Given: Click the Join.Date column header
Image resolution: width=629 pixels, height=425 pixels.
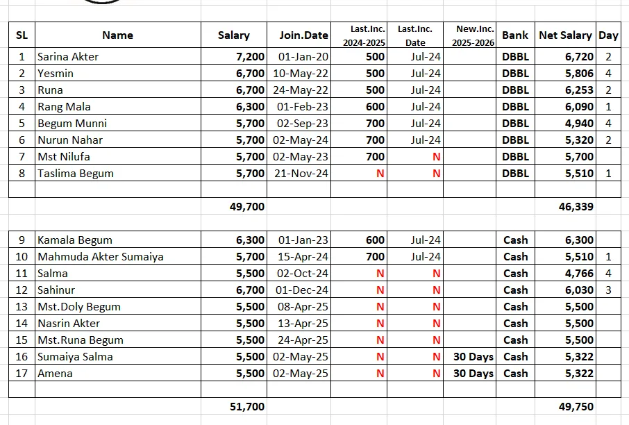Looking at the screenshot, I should click(x=303, y=35).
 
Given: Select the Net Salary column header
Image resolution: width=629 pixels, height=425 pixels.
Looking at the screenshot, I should click(x=565, y=35).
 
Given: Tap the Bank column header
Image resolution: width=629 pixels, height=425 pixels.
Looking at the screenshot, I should click(x=515, y=35).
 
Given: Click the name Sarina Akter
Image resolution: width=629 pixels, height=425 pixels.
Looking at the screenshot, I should click(x=68, y=57).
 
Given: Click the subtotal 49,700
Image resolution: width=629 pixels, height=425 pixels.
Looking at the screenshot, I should click(x=246, y=206).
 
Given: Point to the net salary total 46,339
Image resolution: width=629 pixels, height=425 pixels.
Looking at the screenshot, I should click(x=576, y=206).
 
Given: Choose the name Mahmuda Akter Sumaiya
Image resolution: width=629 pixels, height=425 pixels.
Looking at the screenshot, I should click(x=101, y=257).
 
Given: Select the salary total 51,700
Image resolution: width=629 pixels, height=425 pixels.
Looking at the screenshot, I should click(x=246, y=407).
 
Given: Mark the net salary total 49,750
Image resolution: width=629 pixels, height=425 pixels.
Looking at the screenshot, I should click(x=576, y=407).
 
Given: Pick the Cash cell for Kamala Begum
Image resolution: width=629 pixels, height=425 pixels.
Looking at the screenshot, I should click(x=515, y=240).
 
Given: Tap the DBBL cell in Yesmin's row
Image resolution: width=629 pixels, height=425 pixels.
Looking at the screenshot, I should click(x=515, y=74).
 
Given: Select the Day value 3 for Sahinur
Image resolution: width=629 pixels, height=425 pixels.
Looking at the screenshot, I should click(x=608, y=290).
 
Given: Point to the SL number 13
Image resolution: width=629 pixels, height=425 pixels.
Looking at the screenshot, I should click(x=22, y=307).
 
